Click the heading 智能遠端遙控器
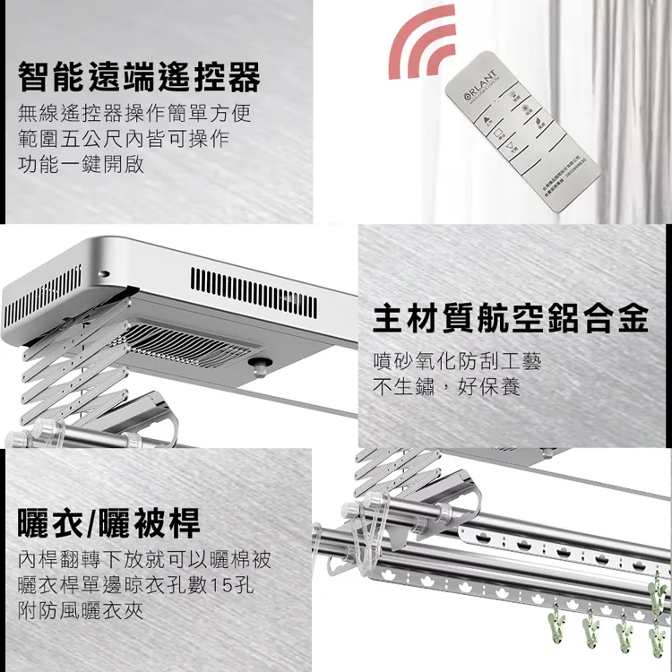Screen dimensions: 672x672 140,79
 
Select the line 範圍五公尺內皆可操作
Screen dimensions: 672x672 124,140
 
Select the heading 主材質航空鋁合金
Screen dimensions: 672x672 510,318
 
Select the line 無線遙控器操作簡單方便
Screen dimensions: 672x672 134,115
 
